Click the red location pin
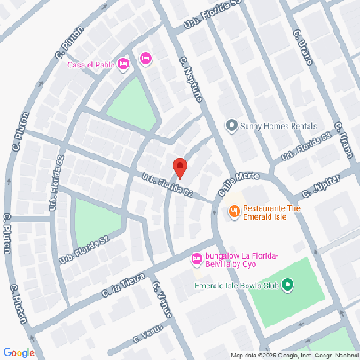coord(179,167)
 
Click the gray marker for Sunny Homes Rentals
coord(231,125)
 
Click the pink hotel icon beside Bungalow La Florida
coord(197,259)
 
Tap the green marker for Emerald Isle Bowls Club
coord(288,286)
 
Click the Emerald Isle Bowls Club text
coord(237,286)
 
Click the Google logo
coord(19,352)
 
